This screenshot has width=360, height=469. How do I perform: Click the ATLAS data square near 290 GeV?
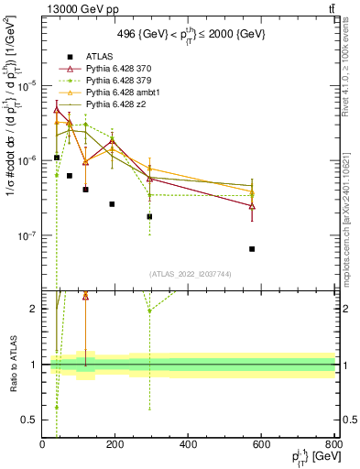[x=149, y=217]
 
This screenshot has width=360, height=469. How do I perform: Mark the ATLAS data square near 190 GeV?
[x=112, y=204]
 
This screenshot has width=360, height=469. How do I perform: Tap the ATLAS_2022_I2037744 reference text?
[x=189, y=273]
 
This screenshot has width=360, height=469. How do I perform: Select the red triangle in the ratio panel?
[x=85, y=296]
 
